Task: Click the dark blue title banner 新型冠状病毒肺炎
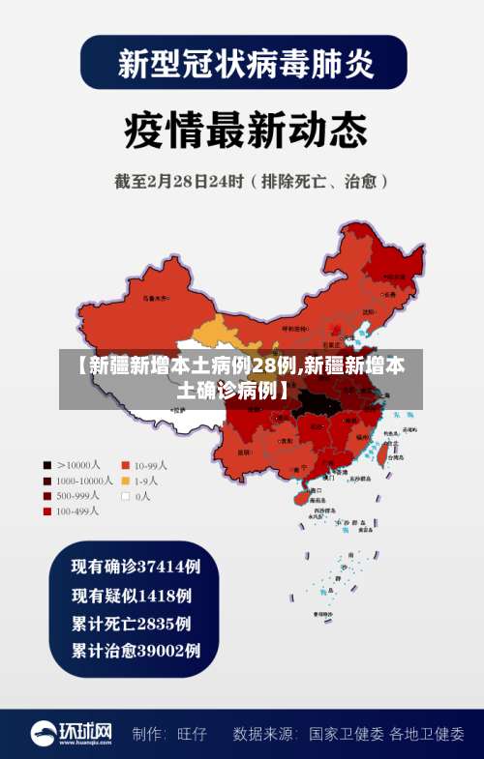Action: coord(243,63)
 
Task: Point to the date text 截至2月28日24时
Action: coord(184,181)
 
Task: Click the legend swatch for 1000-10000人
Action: coord(45,481)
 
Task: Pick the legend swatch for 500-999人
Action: coord(45,496)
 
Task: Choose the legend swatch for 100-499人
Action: coord(45,511)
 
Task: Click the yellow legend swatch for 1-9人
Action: coord(125,481)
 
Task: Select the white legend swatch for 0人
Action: coord(125,496)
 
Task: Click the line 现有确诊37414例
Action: coord(136,566)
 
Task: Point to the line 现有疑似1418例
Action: coord(131,595)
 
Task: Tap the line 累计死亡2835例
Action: coord(131,623)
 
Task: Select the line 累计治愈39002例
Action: coord(136,651)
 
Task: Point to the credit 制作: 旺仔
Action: coord(169,734)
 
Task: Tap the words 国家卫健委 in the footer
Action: coord(347,734)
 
